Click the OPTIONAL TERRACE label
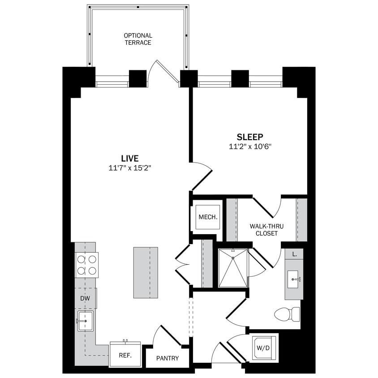[x=138, y=39]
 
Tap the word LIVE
[x=129, y=158]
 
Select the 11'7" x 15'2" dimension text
[x=129, y=168]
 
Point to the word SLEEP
[x=250, y=137]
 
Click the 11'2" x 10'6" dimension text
[x=250, y=146]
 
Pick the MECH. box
[x=208, y=217]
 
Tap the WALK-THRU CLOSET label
[x=266, y=230]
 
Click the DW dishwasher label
[x=85, y=298]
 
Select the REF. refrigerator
[x=125, y=354]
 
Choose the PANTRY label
[x=168, y=358]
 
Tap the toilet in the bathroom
[x=287, y=314]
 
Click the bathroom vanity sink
[x=294, y=279]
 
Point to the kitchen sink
[x=85, y=321]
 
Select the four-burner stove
[x=87, y=265]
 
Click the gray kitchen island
[x=146, y=272]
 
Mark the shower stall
[x=233, y=268]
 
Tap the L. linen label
[x=294, y=254]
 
